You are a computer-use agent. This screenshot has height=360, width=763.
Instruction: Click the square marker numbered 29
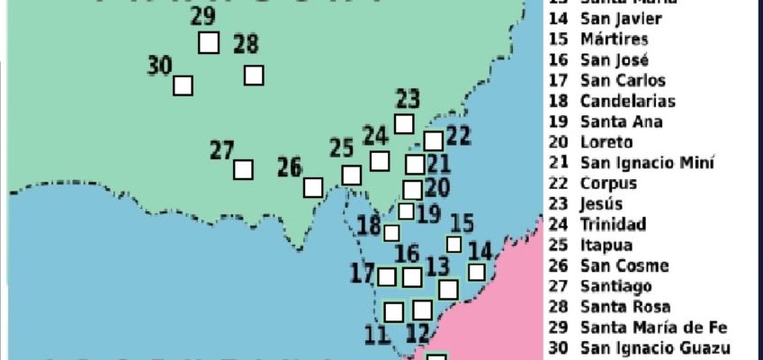209,42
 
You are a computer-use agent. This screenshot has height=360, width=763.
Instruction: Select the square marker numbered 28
254,76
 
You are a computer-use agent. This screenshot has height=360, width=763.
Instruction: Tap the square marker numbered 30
183,85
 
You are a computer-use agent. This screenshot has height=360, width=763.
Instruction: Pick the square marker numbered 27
243,169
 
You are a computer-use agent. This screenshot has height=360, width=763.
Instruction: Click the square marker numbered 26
313,187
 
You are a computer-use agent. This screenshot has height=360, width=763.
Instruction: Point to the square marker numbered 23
405,123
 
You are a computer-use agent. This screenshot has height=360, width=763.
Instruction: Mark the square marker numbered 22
434,140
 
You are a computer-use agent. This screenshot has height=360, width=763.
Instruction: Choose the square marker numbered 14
477,272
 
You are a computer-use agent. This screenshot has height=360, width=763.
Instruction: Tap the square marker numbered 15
454,244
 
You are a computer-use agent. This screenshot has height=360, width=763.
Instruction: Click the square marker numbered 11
393,311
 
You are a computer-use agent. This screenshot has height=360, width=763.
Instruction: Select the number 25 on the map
342,148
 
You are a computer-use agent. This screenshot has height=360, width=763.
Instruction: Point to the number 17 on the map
363,271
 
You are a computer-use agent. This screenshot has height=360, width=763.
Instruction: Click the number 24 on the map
375,136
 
